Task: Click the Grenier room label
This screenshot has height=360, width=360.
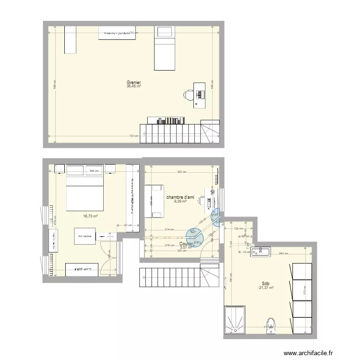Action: pos(133,83)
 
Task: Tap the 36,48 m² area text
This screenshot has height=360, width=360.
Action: pos(133,87)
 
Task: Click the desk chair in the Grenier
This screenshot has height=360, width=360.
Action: pos(188,95)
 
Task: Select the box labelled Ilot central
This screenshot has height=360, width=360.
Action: pos(84,236)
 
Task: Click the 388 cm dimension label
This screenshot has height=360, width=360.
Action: pos(95,171)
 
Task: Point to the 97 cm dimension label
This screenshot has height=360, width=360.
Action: pos(128,225)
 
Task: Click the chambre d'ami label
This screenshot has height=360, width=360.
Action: pos(180,197)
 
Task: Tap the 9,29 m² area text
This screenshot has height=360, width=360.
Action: pos(180,202)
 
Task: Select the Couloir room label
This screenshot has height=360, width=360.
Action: pos(186,244)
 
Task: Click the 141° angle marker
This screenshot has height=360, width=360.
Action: pos(193,233)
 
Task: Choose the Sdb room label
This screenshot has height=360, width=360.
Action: pos(265,283)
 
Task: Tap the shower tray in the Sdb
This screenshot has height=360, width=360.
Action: pos(236,320)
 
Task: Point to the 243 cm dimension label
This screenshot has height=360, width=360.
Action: pos(284,254)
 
